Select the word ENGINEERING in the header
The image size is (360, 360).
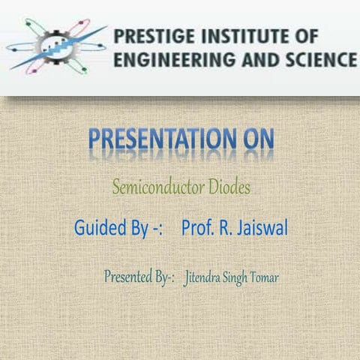point(166,59)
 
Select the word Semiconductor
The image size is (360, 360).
point(152,187)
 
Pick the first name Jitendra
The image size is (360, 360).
point(204,278)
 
